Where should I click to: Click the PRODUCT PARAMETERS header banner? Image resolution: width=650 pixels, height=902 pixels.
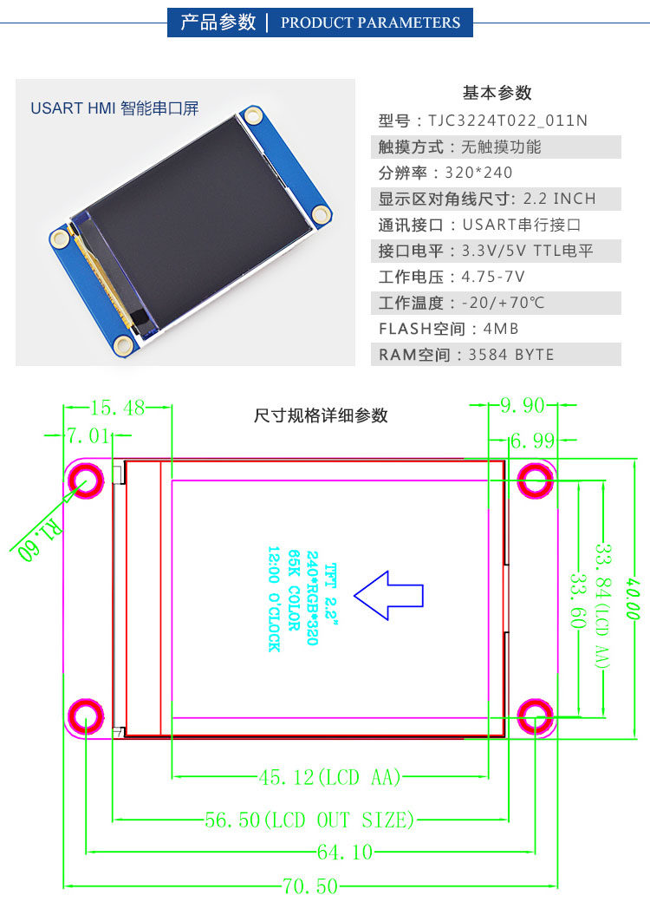[320, 23]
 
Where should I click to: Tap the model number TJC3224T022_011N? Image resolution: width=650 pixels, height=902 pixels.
[508, 121]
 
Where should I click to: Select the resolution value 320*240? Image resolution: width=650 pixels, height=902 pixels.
[478, 173]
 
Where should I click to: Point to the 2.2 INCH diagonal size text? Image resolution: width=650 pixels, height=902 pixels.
[560, 199]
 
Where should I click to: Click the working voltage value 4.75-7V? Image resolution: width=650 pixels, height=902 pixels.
[493, 277]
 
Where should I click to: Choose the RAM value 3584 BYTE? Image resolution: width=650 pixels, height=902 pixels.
[510, 355]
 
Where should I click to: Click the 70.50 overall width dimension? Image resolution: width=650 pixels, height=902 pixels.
[309, 886]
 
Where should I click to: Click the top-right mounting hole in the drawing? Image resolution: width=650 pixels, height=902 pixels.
[536, 480]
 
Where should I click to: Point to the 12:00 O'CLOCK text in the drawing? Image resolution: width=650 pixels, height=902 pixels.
[274, 598]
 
